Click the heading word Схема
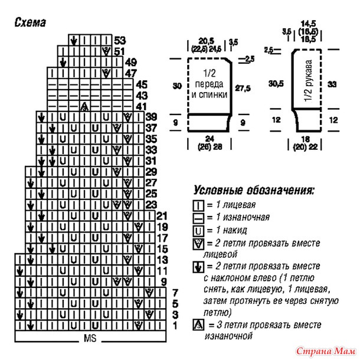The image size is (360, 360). [30, 22]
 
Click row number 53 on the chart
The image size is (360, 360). [120, 40]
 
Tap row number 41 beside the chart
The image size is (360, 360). [142, 107]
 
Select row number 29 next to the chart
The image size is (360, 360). [151, 172]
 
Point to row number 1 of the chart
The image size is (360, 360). [175, 326]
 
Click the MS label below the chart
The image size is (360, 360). [90, 338]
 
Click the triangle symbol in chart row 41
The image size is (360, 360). [85, 106]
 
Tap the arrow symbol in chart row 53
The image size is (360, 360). [74, 41]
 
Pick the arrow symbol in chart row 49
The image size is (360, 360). [63, 62]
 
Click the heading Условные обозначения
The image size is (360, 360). [254, 190]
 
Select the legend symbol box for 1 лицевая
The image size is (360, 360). [198, 205]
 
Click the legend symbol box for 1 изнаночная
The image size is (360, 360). [198, 218]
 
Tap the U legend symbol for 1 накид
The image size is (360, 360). [198, 231]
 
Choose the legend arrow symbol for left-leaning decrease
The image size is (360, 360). [198, 267]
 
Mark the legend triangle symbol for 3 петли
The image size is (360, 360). [198, 325]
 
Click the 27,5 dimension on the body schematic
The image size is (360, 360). [243, 89]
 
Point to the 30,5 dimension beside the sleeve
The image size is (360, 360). [276, 84]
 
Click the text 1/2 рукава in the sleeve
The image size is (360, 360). [309, 81]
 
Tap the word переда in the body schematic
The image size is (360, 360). [209, 84]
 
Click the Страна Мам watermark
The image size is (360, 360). [326, 351]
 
